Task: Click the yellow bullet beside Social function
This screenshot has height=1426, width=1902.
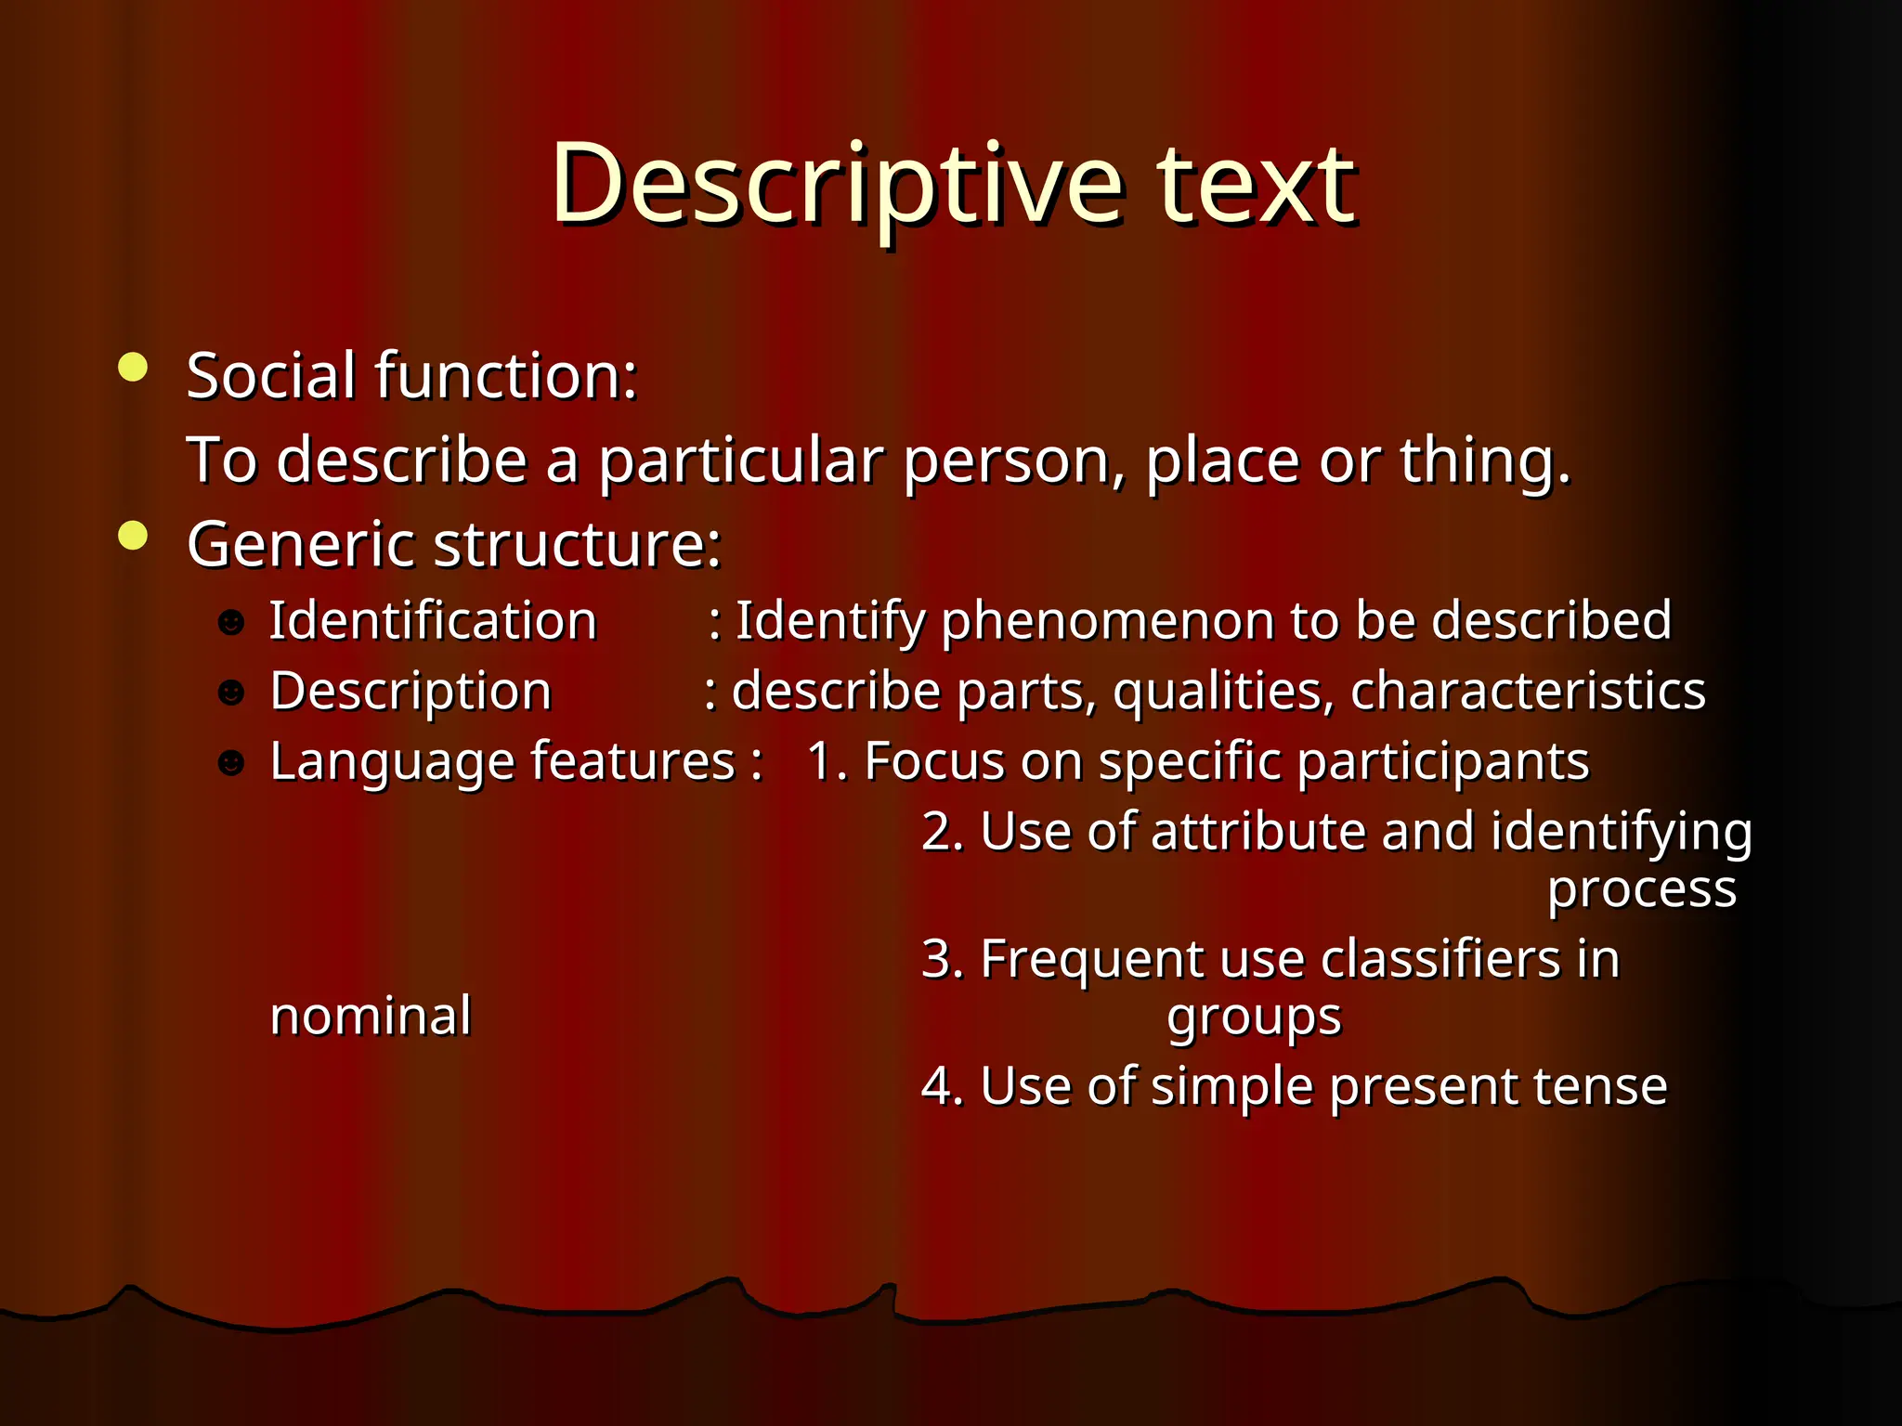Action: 134,368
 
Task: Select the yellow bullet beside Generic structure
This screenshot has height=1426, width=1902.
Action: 134,536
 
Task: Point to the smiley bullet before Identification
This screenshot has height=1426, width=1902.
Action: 231,622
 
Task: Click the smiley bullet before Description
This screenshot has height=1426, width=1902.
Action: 231,693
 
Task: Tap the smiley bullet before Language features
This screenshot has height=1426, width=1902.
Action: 231,763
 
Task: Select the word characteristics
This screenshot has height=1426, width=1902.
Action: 1528,692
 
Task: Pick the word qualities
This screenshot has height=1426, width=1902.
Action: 1221,692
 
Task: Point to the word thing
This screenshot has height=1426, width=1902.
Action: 1483,460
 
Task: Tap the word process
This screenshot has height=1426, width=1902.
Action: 1641,890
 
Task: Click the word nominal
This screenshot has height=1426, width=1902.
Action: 371,1016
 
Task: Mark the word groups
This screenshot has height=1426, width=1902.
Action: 1254,1018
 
